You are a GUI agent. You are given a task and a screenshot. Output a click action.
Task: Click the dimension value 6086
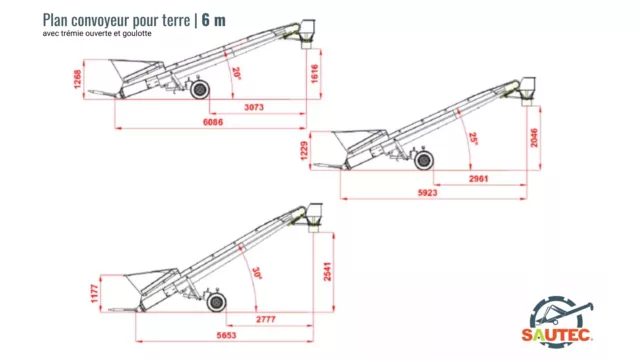(x=213, y=122)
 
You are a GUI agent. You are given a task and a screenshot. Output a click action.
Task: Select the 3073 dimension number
(x=254, y=107)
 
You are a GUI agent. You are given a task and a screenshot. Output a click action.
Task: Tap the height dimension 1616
(x=315, y=74)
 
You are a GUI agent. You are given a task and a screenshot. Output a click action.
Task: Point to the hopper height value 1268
(x=78, y=80)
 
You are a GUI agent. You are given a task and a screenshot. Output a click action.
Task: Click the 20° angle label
(x=236, y=73)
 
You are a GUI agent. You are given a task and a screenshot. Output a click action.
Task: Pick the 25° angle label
(x=473, y=139)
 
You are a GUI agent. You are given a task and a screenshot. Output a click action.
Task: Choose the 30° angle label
(x=257, y=273)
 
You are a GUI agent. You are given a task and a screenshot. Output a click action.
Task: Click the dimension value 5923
(x=427, y=193)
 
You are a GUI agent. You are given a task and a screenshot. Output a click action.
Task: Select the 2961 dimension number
(x=478, y=179)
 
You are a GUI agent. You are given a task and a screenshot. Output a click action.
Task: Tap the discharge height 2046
(x=534, y=138)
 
